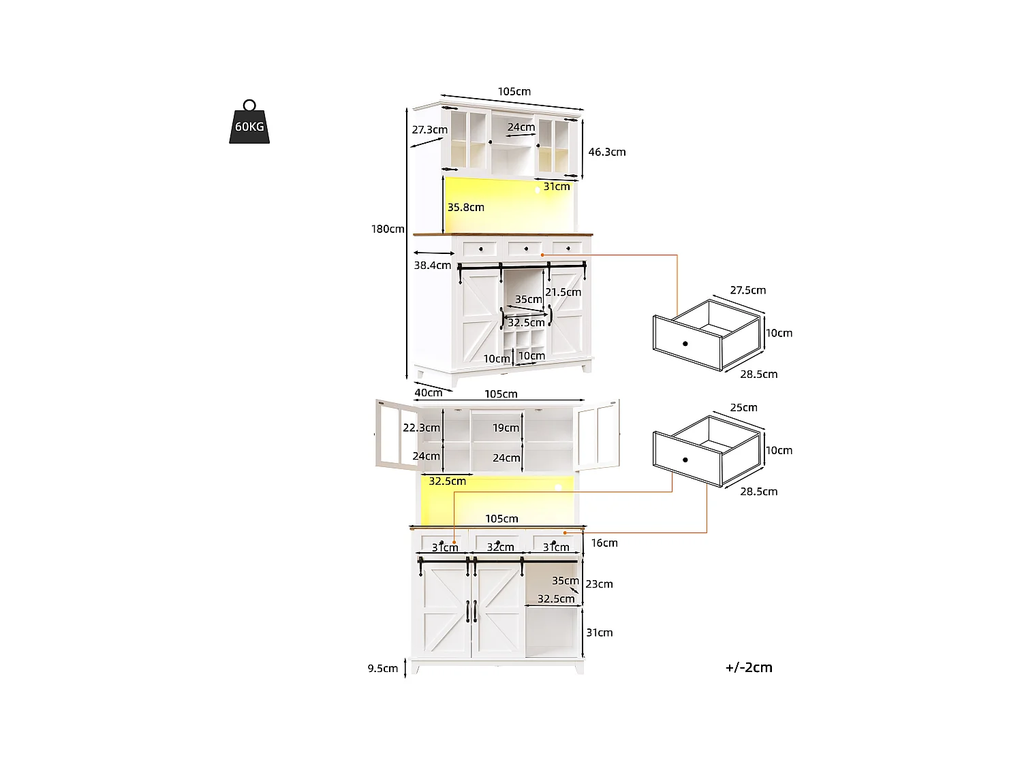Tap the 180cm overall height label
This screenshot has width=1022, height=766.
388,229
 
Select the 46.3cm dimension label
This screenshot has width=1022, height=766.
606,152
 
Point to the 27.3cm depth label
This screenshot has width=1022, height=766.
429,129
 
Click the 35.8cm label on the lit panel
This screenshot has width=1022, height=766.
465,207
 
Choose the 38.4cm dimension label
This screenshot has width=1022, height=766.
432,265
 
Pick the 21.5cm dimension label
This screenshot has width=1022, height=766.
563,292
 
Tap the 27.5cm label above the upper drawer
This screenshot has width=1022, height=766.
747,290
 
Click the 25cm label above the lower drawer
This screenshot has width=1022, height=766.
743,407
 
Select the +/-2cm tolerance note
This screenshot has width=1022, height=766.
749,667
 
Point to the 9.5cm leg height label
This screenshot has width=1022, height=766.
383,669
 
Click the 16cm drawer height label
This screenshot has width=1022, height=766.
604,543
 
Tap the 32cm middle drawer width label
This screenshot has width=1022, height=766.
500,547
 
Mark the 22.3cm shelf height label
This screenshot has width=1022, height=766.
421,428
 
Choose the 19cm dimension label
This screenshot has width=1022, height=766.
506,428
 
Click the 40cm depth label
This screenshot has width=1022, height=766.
429,392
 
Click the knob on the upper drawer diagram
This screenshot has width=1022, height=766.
685,343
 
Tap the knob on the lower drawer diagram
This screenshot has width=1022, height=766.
685,460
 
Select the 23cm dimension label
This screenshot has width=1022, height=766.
599,584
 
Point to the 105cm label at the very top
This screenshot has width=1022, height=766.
514,91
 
